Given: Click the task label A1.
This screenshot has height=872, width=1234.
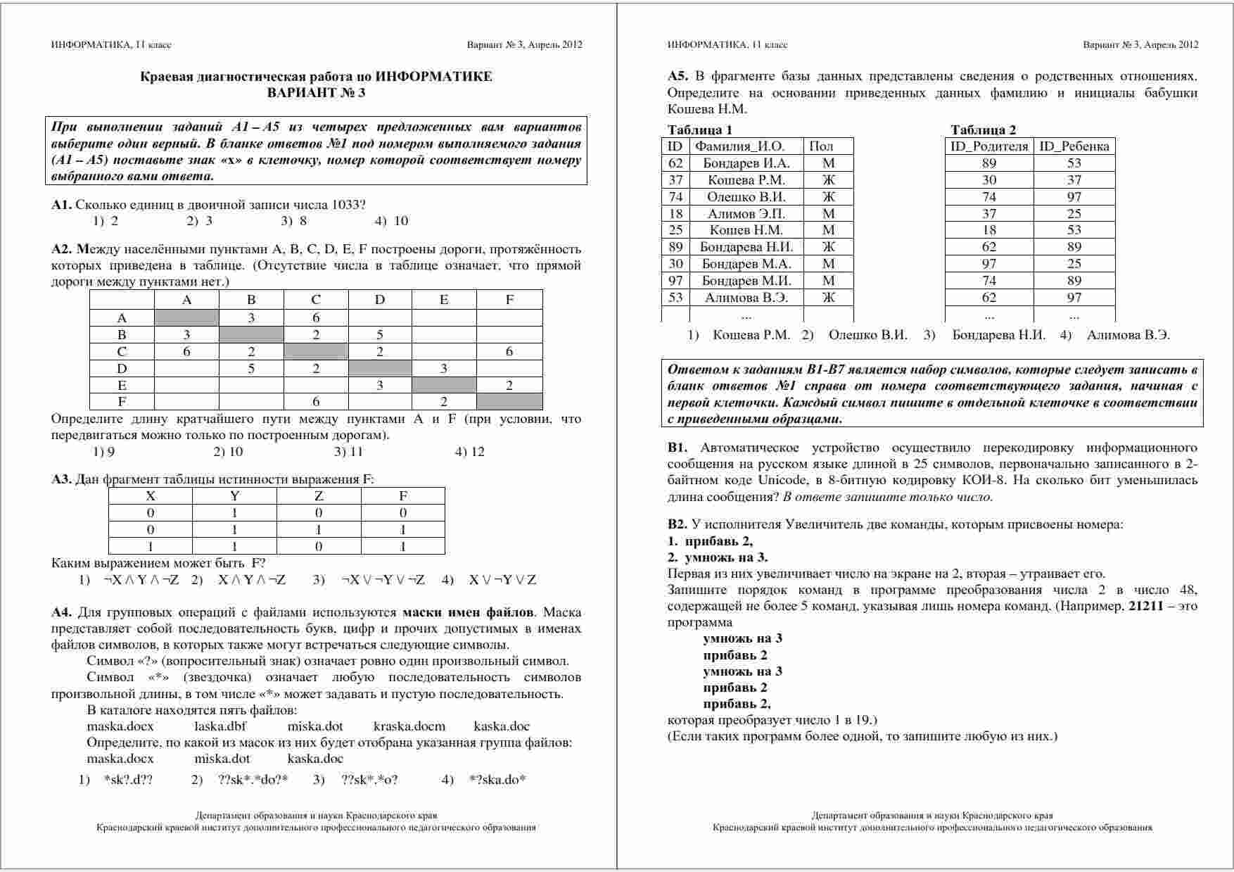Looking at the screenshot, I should pos(61,205).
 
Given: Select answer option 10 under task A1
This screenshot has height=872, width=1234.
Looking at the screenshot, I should pos(400,221).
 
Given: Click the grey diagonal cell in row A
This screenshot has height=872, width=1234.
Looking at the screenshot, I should pos(186,317).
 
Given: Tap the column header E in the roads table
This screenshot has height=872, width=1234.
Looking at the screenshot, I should pos(444,300).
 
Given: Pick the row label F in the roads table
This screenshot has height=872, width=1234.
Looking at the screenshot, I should pos(122,402).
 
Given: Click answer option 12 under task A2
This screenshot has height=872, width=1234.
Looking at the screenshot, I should pos(477,452).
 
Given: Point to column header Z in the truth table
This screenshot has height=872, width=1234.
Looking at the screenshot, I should pos(319,495).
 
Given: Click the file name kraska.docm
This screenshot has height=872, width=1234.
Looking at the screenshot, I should pos(409,726).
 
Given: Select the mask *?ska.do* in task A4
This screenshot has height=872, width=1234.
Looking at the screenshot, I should pos(497,779).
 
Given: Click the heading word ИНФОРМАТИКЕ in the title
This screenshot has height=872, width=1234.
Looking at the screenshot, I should pos(433,77).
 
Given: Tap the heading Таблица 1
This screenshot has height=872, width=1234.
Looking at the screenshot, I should pos(700,129).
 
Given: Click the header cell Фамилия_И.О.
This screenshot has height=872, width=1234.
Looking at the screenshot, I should pos(739,146).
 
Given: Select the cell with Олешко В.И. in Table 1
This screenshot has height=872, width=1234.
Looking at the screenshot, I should pos(746,197).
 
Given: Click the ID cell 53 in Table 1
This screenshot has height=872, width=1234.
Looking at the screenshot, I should pos(675,298).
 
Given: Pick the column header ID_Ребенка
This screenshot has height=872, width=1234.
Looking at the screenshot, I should pos(1074,146).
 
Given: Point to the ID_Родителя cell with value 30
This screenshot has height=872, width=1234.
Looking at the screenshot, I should pos(989,180).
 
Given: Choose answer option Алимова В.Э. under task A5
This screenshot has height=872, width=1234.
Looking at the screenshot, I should pos(1128,335).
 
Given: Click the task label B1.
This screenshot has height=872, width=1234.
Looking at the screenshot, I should pos(677,448).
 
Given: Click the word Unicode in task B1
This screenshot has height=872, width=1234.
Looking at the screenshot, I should pos(783,480).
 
